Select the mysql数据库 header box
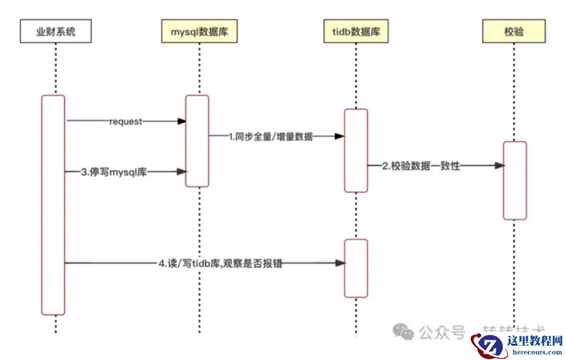click(199, 31)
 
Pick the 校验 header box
click(514, 31)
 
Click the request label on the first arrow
click(126, 121)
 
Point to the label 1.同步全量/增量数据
click(270, 137)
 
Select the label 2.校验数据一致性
click(421, 166)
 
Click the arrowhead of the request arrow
click(182, 121)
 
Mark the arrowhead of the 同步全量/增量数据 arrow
click(339, 136)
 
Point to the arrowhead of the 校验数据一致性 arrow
click(499, 166)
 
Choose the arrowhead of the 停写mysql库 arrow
click(182, 172)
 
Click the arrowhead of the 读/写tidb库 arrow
click(340, 263)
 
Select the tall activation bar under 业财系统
click(53, 205)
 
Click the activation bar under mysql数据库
click(197, 141)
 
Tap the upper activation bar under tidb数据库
click(356, 151)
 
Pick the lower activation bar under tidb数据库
click(356, 268)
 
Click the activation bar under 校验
click(514, 181)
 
